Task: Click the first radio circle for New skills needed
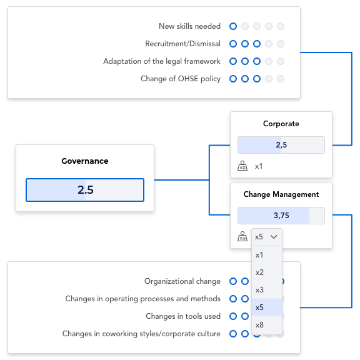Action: (x=233, y=26)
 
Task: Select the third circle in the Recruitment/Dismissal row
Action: (x=257, y=44)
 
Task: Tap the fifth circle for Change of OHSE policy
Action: (x=281, y=79)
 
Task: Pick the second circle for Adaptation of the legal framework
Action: (x=245, y=61)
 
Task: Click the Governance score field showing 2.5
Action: (x=85, y=190)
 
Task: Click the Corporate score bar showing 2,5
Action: (x=281, y=145)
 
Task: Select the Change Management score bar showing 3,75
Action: (x=281, y=216)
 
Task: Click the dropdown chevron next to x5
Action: (x=274, y=237)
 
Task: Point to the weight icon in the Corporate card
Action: (x=242, y=166)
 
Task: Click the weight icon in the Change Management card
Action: (x=242, y=236)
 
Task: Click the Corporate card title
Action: (x=281, y=124)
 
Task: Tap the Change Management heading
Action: (x=281, y=194)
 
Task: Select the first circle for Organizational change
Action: (x=233, y=281)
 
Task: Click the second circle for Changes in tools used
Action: (x=245, y=316)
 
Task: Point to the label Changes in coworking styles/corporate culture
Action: (x=141, y=334)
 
